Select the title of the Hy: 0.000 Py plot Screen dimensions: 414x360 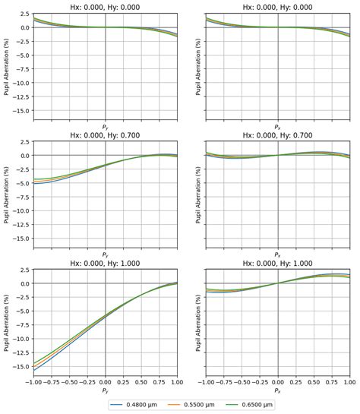[105, 7]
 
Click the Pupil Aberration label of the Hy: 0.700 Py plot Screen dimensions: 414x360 [7, 197]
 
